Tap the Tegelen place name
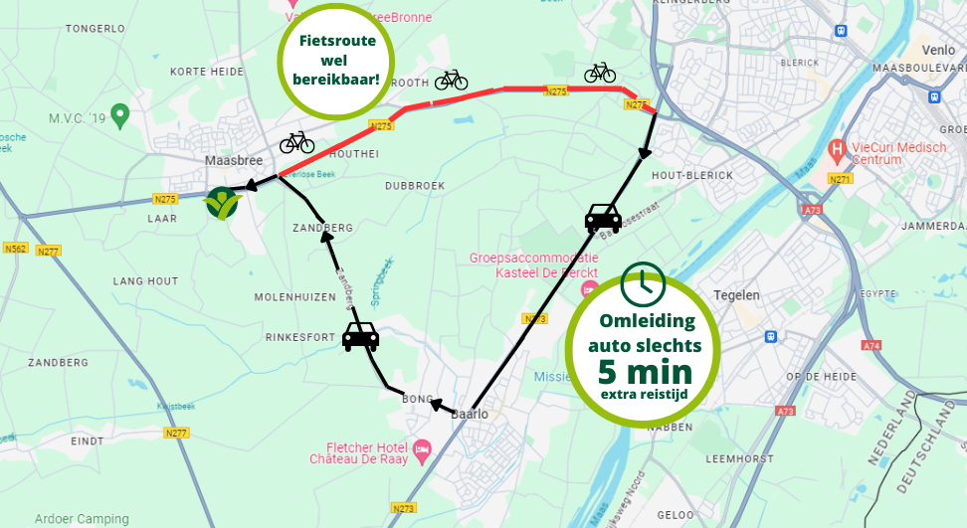(737, 295)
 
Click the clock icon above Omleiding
(643, 284)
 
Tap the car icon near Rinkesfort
(360, 337)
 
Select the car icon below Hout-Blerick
(603, 217)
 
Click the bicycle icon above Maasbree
(296, 143)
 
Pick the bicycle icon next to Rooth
(451, 80)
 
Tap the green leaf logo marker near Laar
(222, 203)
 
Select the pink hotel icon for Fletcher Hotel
(422, 450)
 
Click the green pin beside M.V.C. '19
(120, 115)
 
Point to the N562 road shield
(15, 248)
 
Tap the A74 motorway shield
(872, 345)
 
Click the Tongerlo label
(94, 29)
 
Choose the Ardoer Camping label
(82, 519)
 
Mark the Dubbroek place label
(413, 185)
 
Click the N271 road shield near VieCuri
(842, 179)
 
